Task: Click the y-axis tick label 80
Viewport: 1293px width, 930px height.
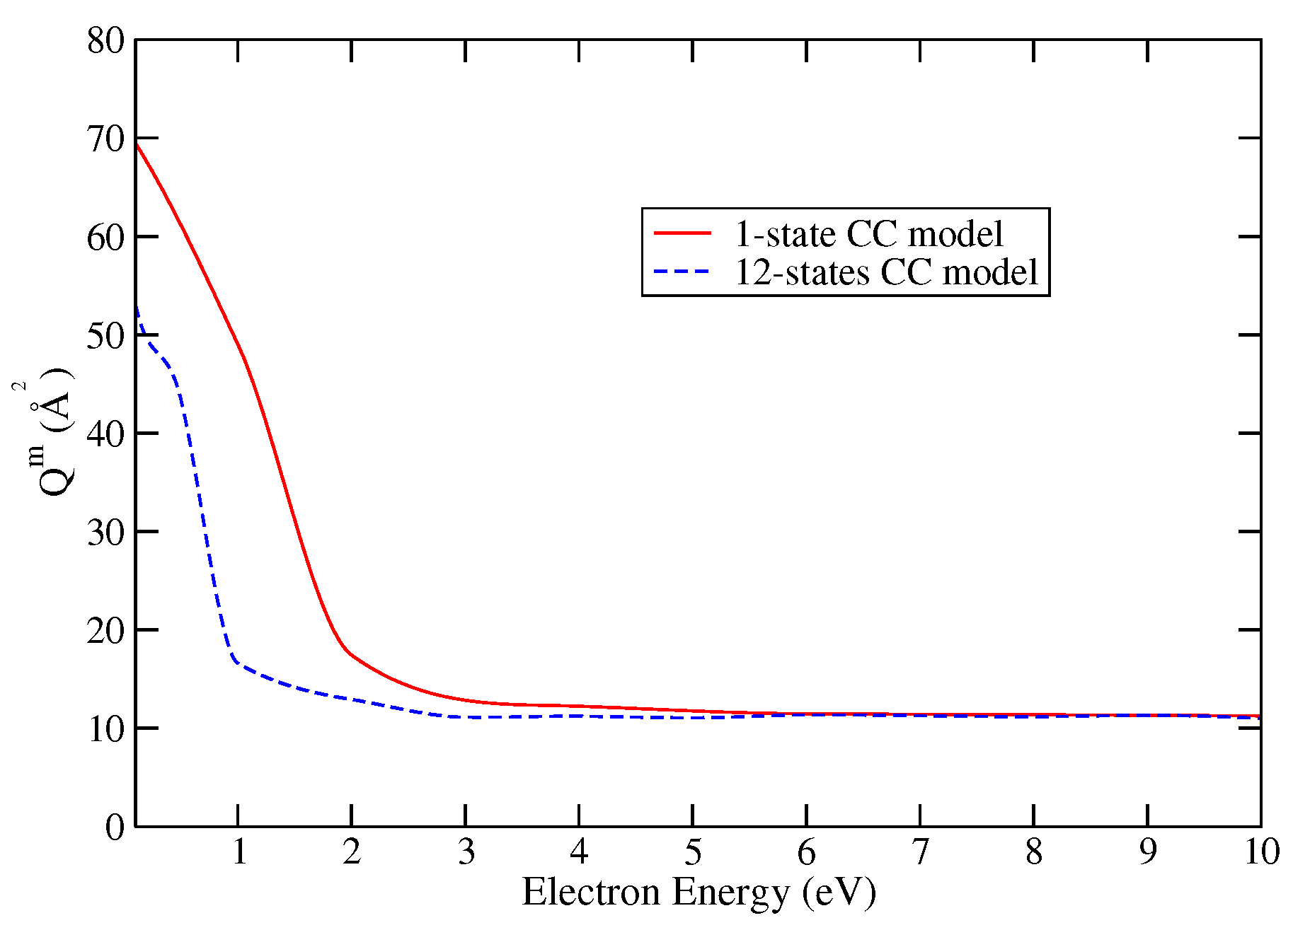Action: pos(105,40)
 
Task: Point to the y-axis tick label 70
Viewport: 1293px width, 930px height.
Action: pos(105,139)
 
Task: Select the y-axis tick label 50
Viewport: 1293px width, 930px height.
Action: pos(105,335)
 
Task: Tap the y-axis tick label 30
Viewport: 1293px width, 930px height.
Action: pos(105,532)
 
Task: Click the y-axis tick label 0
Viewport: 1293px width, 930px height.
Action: pos(115,827)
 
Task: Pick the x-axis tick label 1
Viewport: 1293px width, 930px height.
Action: pos(239,852)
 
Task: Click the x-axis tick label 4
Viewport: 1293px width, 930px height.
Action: pos(579,852)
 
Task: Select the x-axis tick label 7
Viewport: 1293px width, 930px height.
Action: pos(919,852)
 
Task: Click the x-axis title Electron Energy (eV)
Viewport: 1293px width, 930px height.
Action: pos(699,892)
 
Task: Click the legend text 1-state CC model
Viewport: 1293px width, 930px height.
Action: pos(868,233)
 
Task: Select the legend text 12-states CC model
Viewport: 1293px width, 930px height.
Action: pos(886,272)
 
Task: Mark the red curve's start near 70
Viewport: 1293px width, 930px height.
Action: pos(137,144)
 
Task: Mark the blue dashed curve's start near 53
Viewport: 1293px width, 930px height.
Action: pos(137,308)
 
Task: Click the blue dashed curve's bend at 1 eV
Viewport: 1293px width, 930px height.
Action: pos(235,661)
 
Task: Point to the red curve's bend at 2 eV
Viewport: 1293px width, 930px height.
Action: pos(348,651)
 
